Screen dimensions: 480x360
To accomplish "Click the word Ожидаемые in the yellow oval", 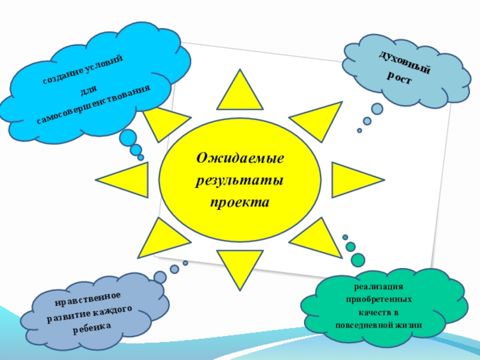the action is tap(240, 159).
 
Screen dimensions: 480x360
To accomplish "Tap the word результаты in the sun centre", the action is tap(240, 180).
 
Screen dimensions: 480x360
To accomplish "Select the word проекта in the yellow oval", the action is tap(240, 202).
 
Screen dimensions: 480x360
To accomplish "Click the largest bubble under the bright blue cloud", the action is tap(128, 138).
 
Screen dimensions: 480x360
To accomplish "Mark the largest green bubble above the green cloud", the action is tap(358, 259).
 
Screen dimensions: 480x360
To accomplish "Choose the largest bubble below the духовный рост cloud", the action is tap(377, 109).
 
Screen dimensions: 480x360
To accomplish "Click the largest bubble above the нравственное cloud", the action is tap(160, 277).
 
